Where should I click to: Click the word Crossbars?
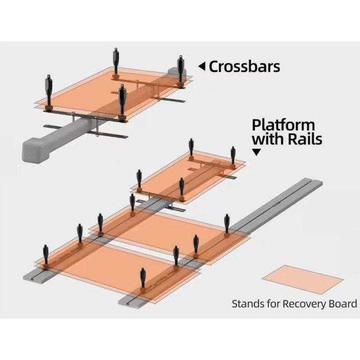(244, 66)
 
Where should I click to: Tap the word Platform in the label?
(283, 125)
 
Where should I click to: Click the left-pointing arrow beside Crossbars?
(201, 66)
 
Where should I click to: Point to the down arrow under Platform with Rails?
(256, 152)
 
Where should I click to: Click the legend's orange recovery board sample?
(302, 279)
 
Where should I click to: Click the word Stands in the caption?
(248, 303)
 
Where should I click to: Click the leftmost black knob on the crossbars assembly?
(49, 90)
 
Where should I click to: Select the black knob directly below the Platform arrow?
(233, 155)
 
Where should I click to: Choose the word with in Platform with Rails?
(268, 138)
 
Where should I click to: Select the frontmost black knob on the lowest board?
(143, 278)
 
